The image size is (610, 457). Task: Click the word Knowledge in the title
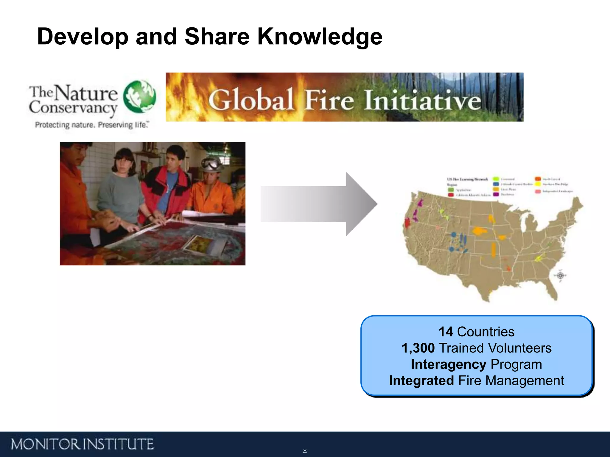coord(320,37)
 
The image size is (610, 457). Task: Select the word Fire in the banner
coord(329,100)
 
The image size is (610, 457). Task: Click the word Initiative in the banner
coord(422,100)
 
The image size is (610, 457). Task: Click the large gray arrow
coord(319,204)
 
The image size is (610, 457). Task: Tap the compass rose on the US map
coord(560,275)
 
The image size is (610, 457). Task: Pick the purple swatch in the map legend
coord(496,194)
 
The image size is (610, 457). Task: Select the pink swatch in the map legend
coord(538,191)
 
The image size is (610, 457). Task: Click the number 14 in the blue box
coord(446,332)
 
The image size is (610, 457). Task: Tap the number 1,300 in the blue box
coord(418,348)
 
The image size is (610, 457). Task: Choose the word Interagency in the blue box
coord(448,364)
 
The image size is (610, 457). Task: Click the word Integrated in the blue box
coord(421,381)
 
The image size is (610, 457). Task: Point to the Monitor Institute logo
coord(82,444)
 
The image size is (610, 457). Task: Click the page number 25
coord(305,451)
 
